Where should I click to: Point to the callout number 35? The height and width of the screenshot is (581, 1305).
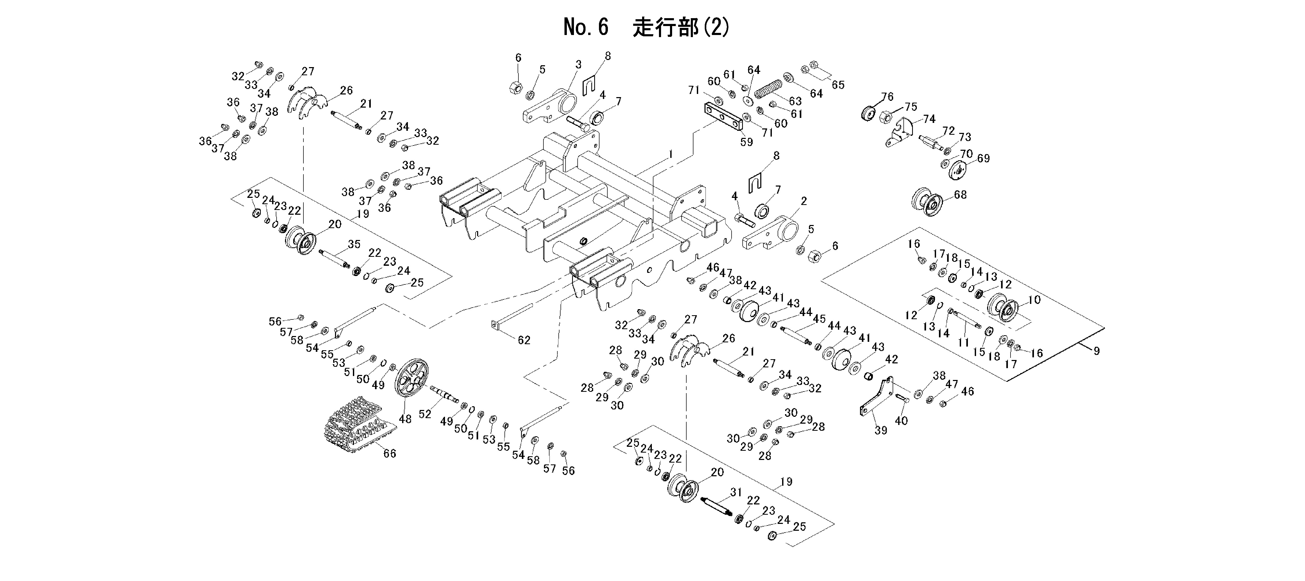click(x=354, y=244)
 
